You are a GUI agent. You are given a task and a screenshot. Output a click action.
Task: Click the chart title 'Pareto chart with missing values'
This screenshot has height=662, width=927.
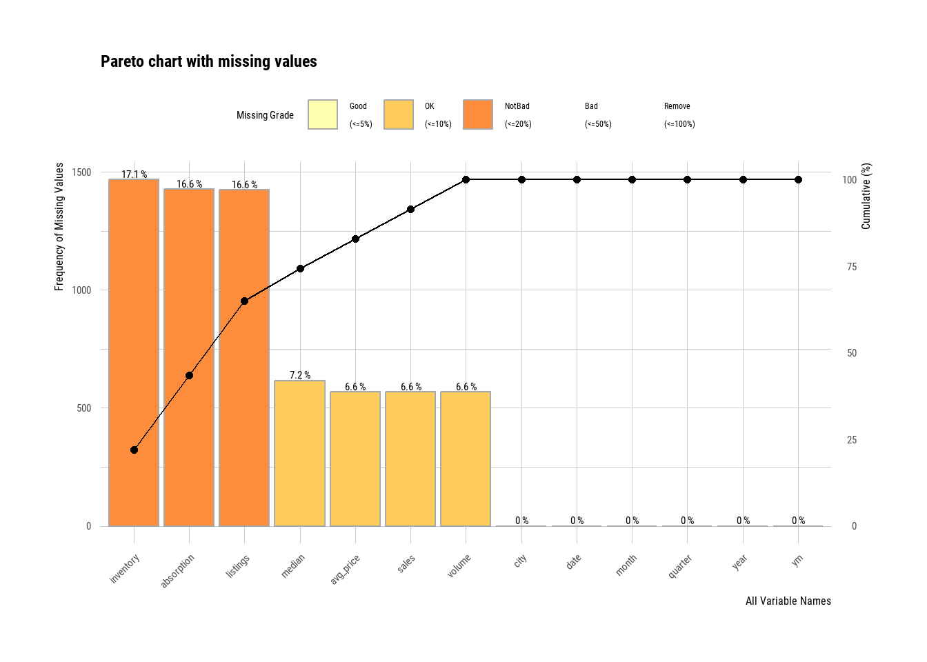tap(208, 61)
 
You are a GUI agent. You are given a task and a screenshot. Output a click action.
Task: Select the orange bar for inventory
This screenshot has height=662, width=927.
tap(134, 352)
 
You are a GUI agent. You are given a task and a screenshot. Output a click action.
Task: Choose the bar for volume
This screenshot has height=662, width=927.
tap(466, 459)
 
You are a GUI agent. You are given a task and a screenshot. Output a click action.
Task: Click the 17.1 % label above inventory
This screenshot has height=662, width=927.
tap(134, 174)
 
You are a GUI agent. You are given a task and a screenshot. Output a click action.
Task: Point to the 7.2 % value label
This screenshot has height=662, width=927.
tap(299, 375)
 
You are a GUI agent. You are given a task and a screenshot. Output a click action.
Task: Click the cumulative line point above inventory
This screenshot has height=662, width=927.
tap(134, 450)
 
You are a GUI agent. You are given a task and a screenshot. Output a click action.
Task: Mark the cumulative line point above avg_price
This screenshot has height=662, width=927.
tap(355, 239)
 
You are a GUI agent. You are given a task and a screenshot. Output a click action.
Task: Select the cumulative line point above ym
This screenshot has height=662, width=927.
tap(798, 180)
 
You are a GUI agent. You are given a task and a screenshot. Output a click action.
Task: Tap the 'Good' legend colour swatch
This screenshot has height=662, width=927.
tap(323, 114)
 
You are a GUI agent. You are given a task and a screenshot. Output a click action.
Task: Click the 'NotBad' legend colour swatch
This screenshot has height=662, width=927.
tap(478, 114)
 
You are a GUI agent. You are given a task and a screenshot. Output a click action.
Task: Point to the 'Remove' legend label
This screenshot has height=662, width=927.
tap(677, 106)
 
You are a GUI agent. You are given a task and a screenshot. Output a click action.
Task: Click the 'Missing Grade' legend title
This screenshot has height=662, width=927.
tap(265, 115)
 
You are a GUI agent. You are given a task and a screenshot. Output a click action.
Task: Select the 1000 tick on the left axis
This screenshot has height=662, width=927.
tap(81, 290)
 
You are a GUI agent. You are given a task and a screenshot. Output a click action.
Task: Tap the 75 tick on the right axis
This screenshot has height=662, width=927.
tap(852, 267)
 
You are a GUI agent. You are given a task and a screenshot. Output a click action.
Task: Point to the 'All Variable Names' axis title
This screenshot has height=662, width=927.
tap(788, 601)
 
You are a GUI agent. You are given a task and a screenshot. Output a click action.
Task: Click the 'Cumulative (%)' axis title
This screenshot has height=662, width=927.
tap(866, 196)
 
